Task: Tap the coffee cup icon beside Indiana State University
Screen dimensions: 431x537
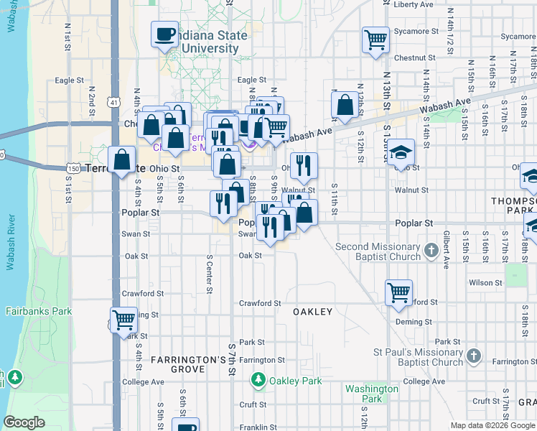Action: [x=164, y=34]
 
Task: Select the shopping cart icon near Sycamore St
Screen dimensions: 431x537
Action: [x=375, y=40]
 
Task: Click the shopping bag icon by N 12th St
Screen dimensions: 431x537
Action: [x=345, y=104]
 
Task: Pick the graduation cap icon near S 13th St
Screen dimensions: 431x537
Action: [x=401, y=152]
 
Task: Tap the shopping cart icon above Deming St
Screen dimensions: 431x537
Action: [x=398, y=292]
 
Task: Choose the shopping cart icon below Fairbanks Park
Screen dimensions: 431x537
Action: [x=123, y=319]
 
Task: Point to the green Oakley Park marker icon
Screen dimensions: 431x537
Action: [x=258, y=378]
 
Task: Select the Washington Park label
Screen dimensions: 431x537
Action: [x=371, y=393]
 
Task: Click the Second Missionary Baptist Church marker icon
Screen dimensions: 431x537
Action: [x=431, y=251]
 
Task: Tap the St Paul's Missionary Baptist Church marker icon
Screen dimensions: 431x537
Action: [x=473, y=356]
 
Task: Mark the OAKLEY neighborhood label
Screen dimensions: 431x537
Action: [x=312, y=312]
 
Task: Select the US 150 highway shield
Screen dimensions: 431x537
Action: [x=74, y=167]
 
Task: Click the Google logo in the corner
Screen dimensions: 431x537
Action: [x=24, y=422]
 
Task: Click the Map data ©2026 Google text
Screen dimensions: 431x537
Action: [x=492, y=425]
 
